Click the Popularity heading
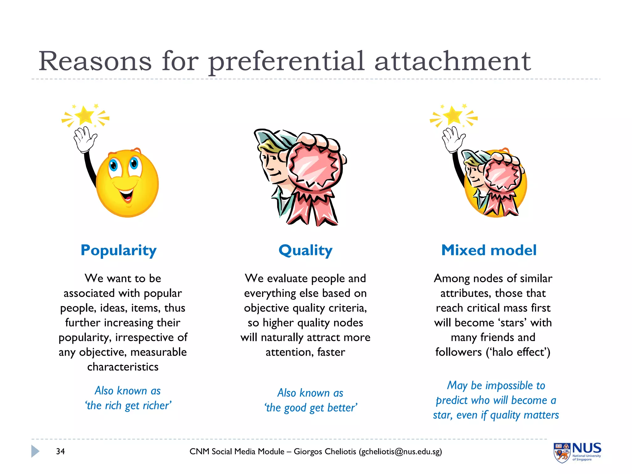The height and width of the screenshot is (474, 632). tap(118, 250)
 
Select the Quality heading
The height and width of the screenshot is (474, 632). tap(305, 250)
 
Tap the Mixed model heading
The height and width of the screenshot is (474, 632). tap(489, 250)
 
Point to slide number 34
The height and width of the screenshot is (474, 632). tap(60, 451)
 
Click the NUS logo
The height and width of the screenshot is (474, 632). tap(577, 452)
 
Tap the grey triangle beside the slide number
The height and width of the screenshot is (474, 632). tap(35, 451)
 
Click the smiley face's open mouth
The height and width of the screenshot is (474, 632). tap(126, 195)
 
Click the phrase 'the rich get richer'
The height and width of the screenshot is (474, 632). tap(128, 405)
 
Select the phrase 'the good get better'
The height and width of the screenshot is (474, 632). tap(311, 408)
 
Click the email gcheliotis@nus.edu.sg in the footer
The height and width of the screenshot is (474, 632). tap(400, 451)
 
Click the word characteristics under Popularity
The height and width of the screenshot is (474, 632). tap(123, 367)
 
